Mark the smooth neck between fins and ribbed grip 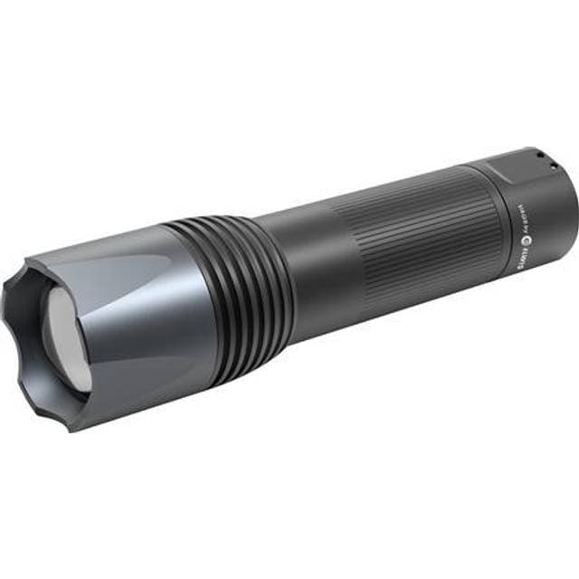312,262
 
